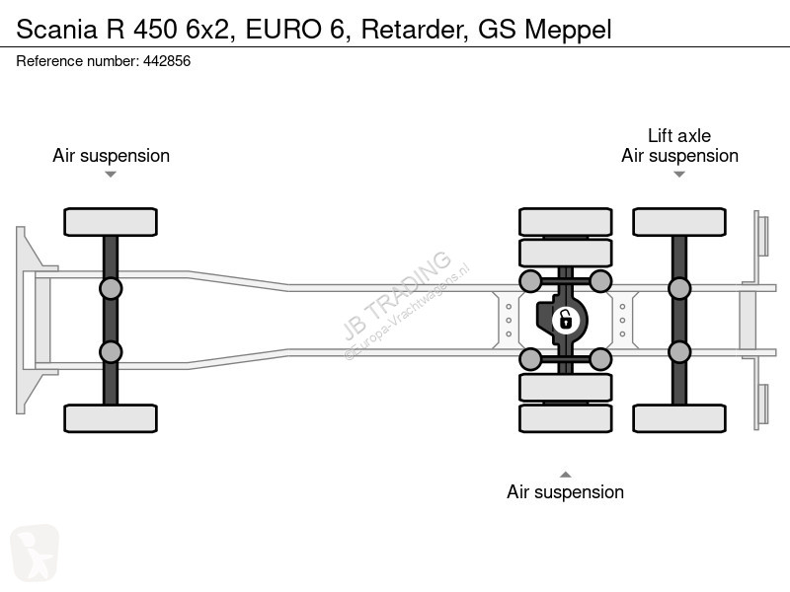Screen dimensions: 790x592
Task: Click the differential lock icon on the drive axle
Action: tap(565, 320)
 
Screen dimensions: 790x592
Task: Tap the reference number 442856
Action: tap(167, 61)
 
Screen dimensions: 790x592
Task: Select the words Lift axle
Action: tap(679, 135)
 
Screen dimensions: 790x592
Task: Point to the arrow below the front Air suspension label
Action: tap(111, 175)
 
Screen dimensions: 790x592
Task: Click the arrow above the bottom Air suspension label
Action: tap(565, 475)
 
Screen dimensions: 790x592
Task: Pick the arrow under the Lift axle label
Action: tap(679, 175)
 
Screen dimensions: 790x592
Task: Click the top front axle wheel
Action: tap(111, 222)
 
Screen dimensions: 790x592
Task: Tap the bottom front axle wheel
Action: tap(111, 418)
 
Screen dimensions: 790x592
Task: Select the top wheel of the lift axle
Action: tap(679, 222)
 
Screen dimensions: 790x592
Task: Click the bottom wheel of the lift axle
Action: tap(679, 418)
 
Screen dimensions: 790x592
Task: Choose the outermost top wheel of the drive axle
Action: tap(565, 222)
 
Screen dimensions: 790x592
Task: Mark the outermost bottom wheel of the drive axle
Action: tap(565, 418)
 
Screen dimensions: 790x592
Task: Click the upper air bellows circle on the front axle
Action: tap(111, 289)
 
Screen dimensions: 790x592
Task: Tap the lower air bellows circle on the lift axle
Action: tap(679, 352)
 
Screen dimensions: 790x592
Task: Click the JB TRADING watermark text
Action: tap(397, 295)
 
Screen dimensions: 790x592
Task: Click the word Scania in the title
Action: tap(56, 30)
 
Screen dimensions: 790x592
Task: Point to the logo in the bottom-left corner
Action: tap(35, 553)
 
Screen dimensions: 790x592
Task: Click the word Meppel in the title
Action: tap(568, 30)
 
